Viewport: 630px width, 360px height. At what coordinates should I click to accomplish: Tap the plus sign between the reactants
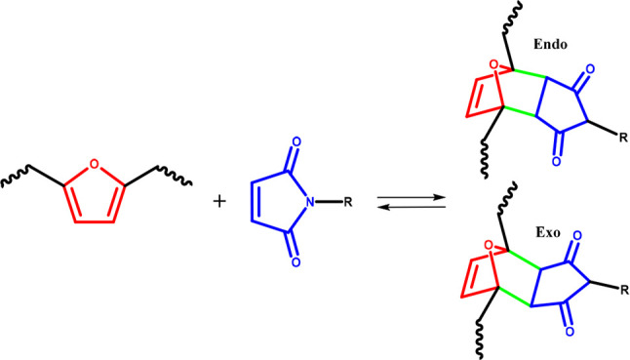click(219, 202)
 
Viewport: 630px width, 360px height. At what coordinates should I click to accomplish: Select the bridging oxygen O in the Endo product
click(494, 65)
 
